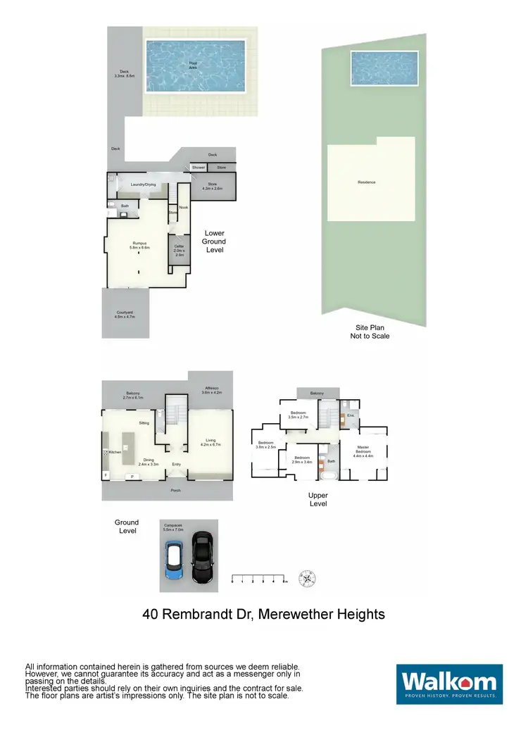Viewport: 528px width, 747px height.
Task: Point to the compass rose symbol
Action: tap(307, 578)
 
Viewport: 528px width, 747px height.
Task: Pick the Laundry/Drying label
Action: tap(142, 184)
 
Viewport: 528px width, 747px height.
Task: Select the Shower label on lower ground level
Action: tap(199, 168)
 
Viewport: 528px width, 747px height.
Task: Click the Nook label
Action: tap(183, 207)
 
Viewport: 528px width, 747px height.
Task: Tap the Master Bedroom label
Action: tap(363, 450)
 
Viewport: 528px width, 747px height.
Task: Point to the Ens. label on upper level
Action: tap(350, 415)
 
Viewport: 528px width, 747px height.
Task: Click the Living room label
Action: tap(211, 443)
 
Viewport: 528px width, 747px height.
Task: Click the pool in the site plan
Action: tap(384, 69)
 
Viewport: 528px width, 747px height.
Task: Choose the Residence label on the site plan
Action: tap(367, 182)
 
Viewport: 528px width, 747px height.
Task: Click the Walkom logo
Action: tap(449, 684)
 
